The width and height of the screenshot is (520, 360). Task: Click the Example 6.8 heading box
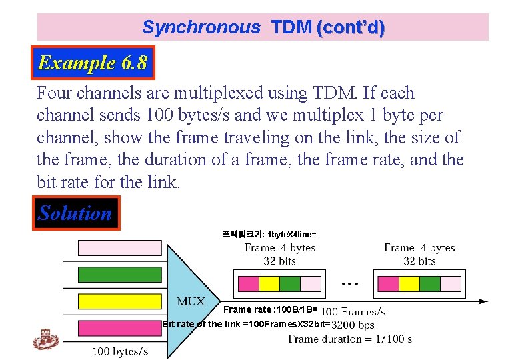(x=93, y=63)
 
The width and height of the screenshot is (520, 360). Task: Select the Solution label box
(x=75, y=213)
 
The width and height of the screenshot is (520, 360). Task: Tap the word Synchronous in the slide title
(x=201, y=27)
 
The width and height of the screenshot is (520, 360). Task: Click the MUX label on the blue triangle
(x=191, y=301)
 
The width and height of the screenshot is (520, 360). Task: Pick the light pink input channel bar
(x=120, y=248)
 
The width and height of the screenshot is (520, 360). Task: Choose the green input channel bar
(x=120, y=275)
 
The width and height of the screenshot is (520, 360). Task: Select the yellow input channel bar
(x=120, y=301)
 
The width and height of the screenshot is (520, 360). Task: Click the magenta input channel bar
(x=120, y=328)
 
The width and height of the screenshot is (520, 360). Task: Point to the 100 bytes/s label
(x=120, y=351)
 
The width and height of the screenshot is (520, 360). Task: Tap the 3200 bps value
(x=353, y=325)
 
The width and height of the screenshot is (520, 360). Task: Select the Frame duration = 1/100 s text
(x=350, y=339)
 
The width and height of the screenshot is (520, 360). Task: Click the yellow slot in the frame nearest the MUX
(x=269, y=284)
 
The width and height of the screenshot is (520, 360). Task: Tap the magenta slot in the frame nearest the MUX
(x=248, y=284)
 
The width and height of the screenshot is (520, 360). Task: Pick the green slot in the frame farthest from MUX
(x=429, y=284)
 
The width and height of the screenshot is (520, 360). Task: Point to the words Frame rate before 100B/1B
(x=247, y=309)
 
